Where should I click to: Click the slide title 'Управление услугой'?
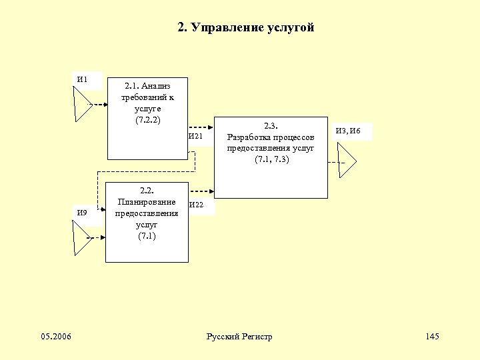pyautogui.click(x=246, y=27)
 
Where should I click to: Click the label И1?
pyautogui.click(x=83, y=80)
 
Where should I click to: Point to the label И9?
pyautogui.click(x=83, y=213)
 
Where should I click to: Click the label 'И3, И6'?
pyautogui.click(x=348, y=131)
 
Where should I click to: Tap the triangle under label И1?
pyautogui.click(x=81, y=105)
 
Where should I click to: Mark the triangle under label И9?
pyautogui.click(x=81, y=237)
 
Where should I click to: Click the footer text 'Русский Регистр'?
pyautogui.click(x=240, y=336)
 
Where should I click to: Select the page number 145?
pyautogui.click(x=432, y=336)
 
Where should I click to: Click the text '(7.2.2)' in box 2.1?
pyautogui.click(x=147, y=120)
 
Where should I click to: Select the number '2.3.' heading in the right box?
pyautogui.click(x=271, y=125)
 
